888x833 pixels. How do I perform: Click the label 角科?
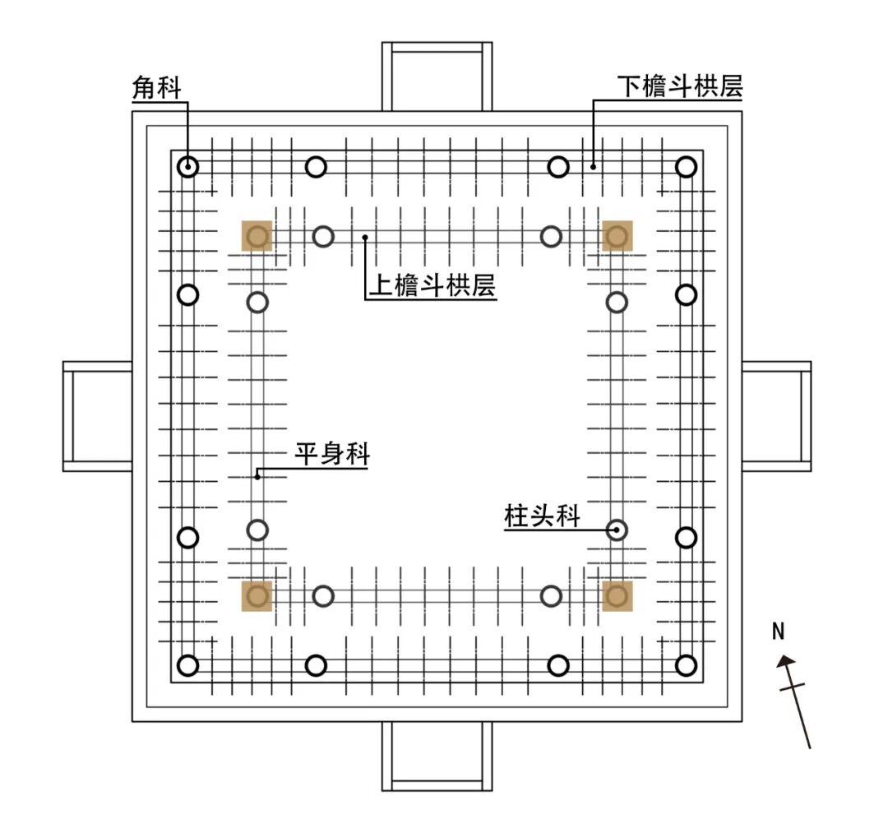coord(156,88)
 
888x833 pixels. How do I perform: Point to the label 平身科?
coord(332,454)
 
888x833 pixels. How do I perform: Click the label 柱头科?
coord(542,516)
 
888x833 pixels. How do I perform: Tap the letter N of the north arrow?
coord(779,632)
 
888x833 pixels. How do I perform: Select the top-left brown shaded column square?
coord(257,236)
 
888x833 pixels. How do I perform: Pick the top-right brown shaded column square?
coord(617,236)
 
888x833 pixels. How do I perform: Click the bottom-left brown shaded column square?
coord(257,595)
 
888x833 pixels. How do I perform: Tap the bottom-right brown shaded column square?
coord(617,595)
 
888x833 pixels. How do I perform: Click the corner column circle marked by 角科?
coord(188,167)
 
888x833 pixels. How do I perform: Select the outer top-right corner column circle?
coord(686,167)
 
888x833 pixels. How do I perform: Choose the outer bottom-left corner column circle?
coord(188,665)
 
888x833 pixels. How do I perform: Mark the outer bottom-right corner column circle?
coord(686,665)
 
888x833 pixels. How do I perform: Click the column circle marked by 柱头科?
coord(617,530)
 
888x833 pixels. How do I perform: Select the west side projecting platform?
coord(98,416)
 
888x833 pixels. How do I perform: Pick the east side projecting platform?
coord(776,416)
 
